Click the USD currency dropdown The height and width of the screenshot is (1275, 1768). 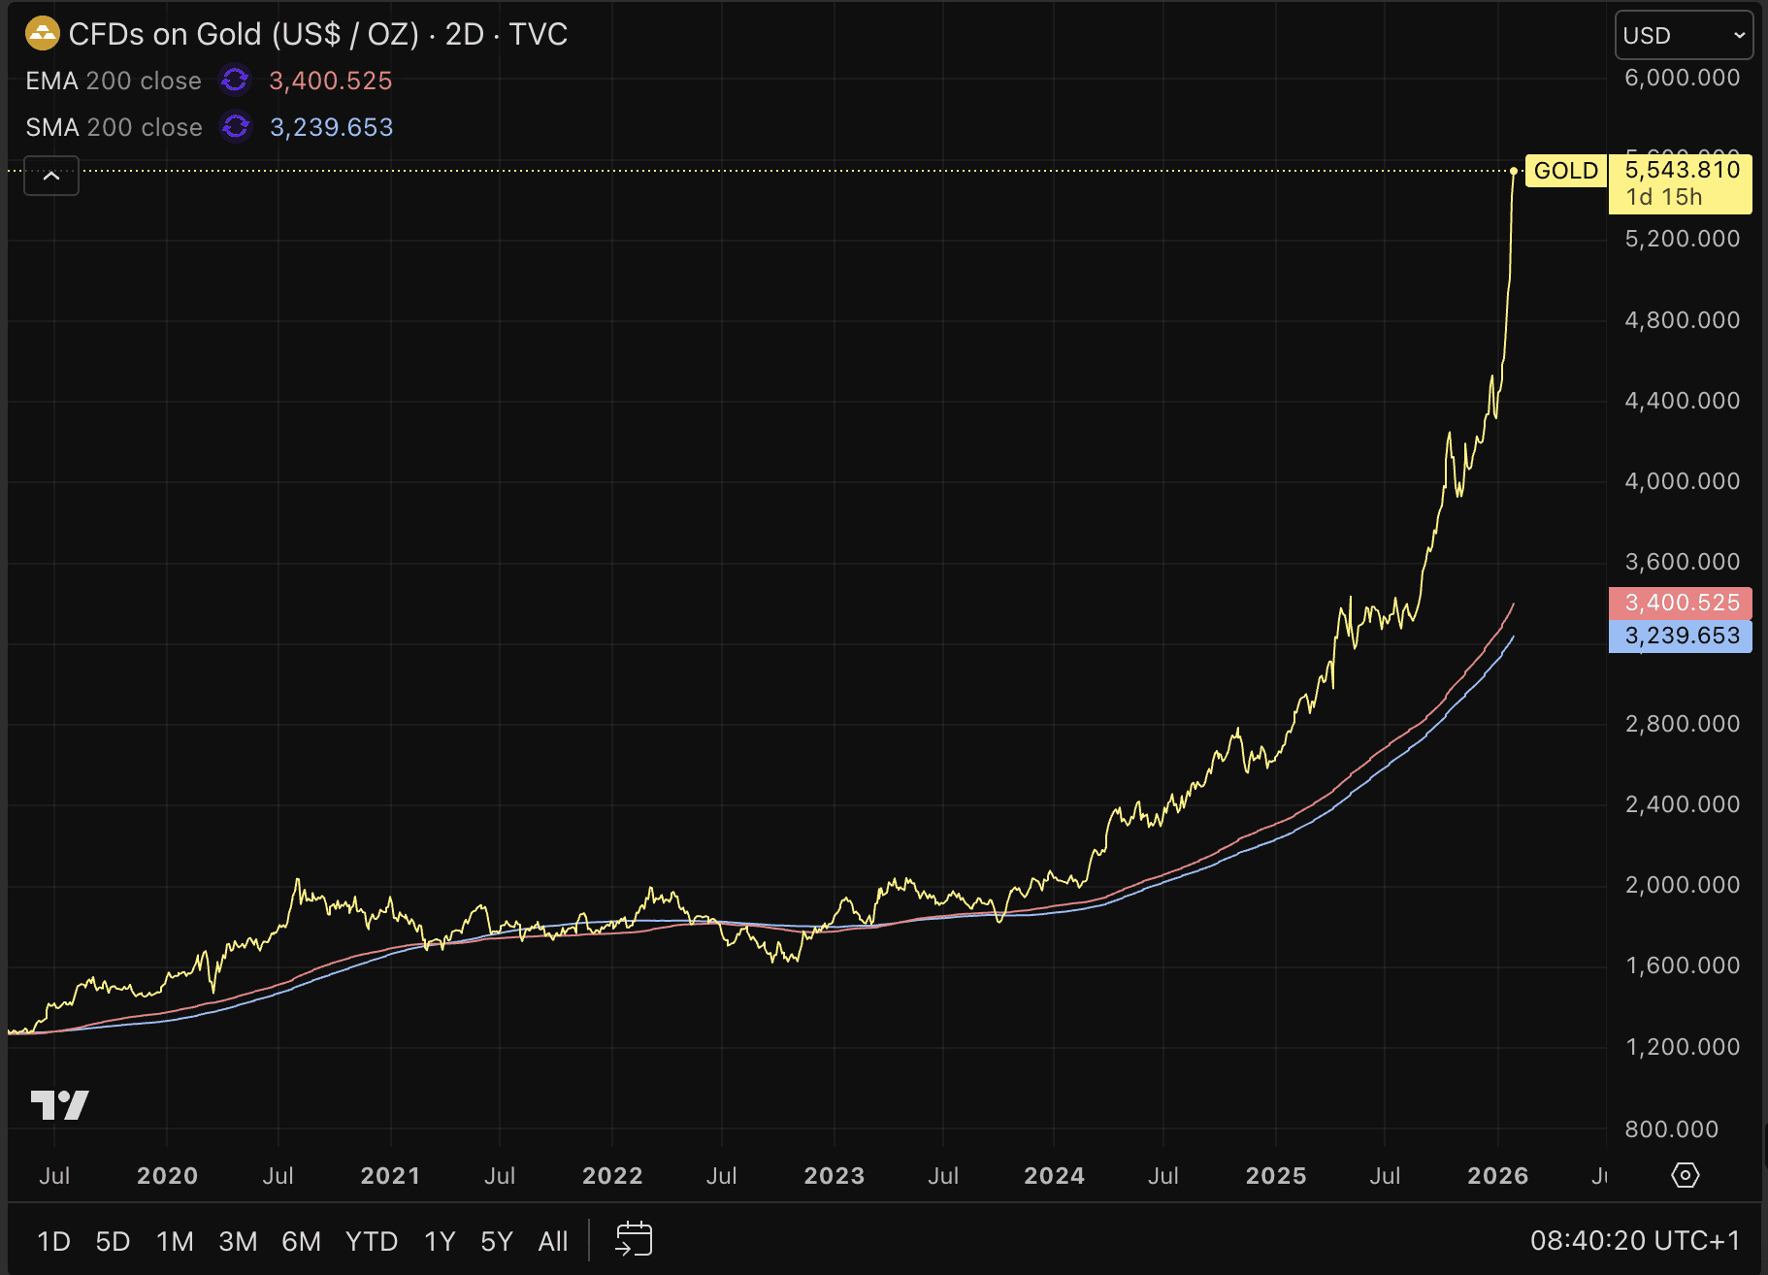coord(1684,36)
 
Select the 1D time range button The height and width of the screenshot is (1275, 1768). coord(53,1241)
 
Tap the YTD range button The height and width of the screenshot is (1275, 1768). coord(372,1241)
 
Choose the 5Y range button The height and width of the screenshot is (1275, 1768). coord(496,1241)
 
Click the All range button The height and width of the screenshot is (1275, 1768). coord(553,1241)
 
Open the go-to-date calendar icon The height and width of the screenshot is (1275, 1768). coord(634,1239)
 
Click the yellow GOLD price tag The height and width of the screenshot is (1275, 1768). coord(1565,171)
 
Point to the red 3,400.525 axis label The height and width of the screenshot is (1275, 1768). coord(1681,603)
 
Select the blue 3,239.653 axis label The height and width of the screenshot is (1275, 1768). coord(1681,636)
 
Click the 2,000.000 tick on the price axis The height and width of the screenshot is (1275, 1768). coord(1682,885)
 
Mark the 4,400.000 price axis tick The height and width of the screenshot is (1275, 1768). coord(1682,401)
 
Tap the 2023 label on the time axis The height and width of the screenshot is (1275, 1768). coord(834,1176)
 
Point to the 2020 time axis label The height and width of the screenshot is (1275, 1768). coord(167,1176)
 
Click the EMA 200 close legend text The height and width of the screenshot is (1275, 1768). coord(114,81)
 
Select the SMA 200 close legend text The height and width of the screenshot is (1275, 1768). coord(114,127)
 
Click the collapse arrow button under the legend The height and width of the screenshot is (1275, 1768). coord(51,176)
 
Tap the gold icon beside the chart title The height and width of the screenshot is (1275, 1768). coord(43,34)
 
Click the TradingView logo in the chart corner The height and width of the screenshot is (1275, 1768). coord(59,1104)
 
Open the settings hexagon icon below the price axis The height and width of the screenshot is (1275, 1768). coord(1686,1175)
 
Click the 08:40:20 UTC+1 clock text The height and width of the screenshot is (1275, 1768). coord(1635,1241)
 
